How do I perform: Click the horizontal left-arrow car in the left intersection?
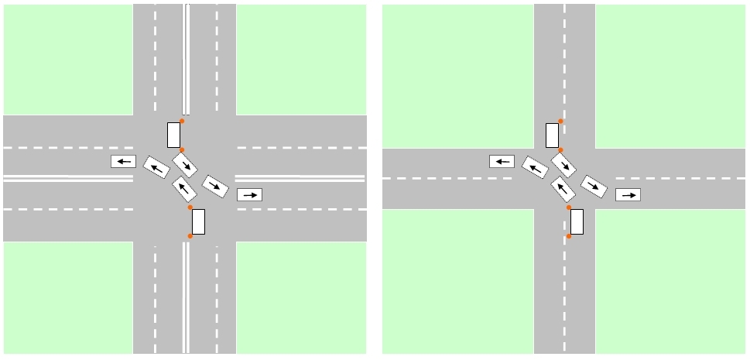click(123, 161)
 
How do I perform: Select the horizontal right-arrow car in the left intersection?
click(249, 194)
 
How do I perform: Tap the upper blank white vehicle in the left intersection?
click(173, 135)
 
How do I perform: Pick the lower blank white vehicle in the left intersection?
click(198, 221)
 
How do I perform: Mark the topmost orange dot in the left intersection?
click(182, 121)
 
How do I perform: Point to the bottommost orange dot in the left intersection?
click(190, 236)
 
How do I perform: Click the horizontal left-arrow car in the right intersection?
click(502, 161)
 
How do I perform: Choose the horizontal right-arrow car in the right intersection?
click(628, 194)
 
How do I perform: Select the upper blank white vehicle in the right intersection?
click(552, 135)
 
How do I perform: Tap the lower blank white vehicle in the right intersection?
click(577, 221)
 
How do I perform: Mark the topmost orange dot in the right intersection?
click(560, 121)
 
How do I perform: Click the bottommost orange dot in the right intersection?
click(568, 236)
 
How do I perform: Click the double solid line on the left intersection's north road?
click(186, 58)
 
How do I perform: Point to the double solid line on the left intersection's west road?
click(68, 178)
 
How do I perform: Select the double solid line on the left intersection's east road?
click(300, 178)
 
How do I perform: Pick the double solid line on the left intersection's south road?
click(186, 298)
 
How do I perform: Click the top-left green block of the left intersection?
click(68, 59)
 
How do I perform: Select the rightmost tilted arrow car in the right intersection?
click(593, 186)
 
